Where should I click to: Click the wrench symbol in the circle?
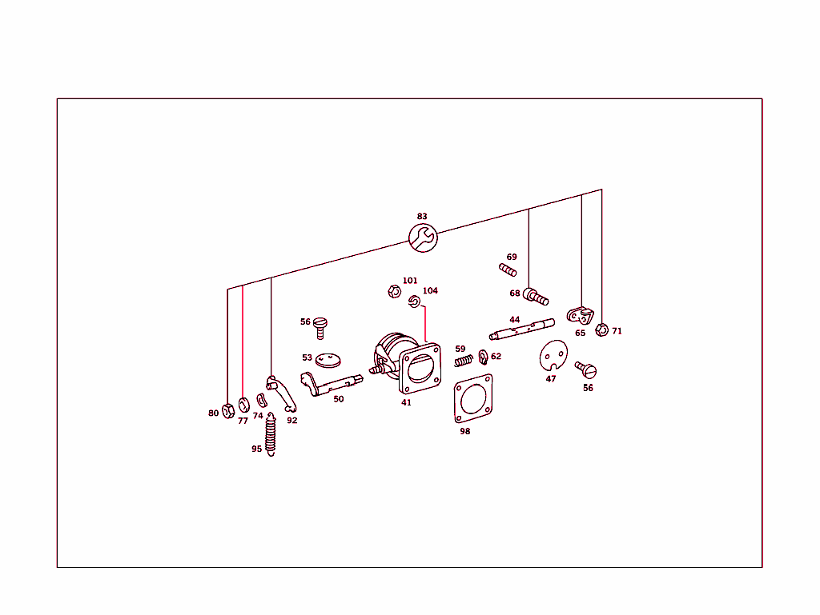point(423,238)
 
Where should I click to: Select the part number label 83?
point(422,216)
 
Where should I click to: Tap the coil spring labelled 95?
point(271,434)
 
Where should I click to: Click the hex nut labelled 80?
point(228,411)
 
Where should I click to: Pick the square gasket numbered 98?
point(473,397)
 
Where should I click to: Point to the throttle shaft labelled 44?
point(521,329)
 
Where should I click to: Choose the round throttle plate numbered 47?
point(553,356)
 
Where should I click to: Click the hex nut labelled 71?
point(602,330)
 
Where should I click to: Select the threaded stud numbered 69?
point(508,270)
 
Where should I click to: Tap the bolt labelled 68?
point(536,297)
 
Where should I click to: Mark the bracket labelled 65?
point(581,316)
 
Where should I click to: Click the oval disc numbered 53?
point(328,360)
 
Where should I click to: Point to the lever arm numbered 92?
point(283,393)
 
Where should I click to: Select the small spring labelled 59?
point(464,360)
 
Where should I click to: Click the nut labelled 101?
point(394,291)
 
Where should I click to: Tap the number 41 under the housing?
point(406,402)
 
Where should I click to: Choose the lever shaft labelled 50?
point(332,384)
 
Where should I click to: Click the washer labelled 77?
point(243,405)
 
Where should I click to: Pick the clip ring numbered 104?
point(414,302)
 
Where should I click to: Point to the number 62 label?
point(496,356)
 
